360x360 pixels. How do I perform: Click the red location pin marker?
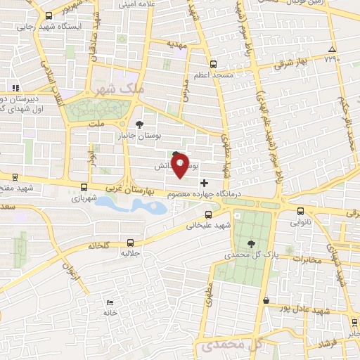[x=180, y=165]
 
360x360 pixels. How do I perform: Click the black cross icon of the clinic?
[x=205, y=183]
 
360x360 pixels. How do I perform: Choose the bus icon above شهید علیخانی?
[x=207, y=214]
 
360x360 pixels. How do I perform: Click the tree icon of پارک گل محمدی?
[x=251, y=244]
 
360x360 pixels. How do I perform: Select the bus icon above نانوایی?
[x=301, y=211]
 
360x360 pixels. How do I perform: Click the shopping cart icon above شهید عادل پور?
[x=265, y=300]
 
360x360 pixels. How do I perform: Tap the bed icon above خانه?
[x=110, y=302]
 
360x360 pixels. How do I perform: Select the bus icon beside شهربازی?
[x=84, y=188]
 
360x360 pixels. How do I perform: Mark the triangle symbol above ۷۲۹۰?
[x=332, y=49]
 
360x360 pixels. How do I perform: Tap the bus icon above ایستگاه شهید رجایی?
[x=48, y=15]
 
